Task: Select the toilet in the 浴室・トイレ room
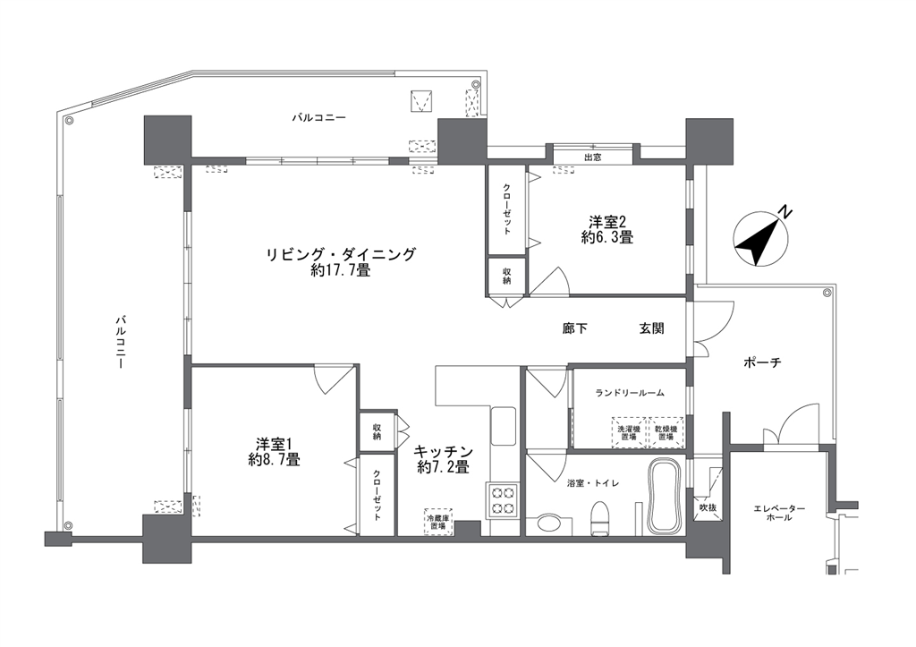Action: tap(601, 518)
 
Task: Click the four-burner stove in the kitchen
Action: tap(503, 500)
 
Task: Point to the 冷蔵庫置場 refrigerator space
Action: tap(438, 522)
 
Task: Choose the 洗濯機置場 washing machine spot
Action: tap(629, 432)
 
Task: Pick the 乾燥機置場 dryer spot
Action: tap(666, 432)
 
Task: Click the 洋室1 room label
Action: tap(274, 451)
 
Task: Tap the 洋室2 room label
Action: tap(607, 229)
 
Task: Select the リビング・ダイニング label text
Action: tap(341, 255)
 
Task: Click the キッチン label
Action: tap(444, 451)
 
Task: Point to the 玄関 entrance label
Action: tap(651, 328)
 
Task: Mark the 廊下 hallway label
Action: tap(575, 328)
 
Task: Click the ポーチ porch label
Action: tap(762, 363)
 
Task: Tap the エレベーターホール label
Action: tap(779, 513)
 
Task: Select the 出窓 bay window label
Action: tap(592, 157)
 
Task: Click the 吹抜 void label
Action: tap(707, 508)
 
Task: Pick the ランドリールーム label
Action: tap(630, 393)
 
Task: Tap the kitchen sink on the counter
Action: tap(503, 425)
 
